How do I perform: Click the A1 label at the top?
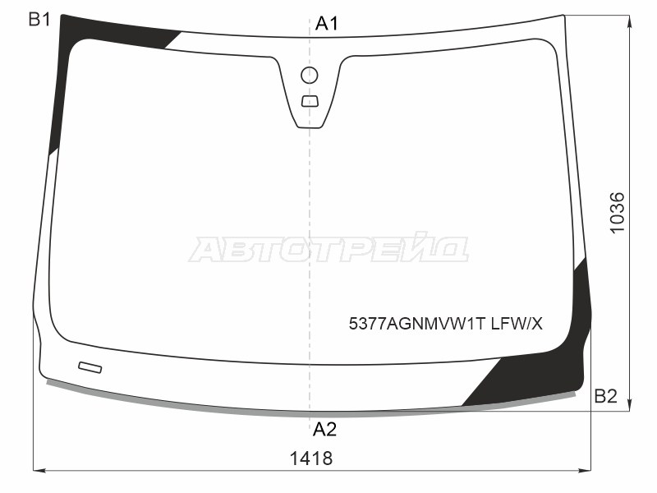click(326, 24)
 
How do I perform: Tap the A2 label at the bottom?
click(324, 429)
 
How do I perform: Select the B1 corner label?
click(39, 19)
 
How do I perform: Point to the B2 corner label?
click(605, 396)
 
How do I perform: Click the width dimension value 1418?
click(311, 458)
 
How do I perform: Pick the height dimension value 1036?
click(617, 213)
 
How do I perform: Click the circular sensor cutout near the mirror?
click(310, 76)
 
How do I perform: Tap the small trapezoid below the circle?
click(310, 101)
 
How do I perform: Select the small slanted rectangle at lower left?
click(90, 367)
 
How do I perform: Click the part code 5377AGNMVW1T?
click(417, 324)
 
